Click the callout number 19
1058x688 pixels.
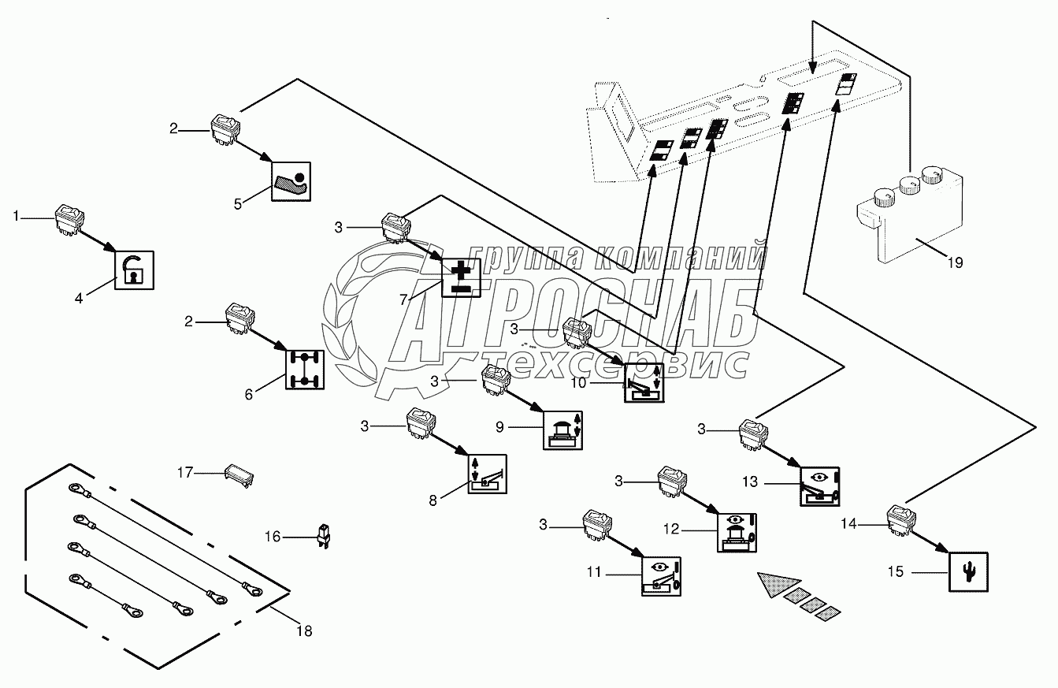tap(955, 263)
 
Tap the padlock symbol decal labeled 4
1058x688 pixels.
tap(134, 270)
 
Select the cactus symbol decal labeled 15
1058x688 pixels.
tap(968, 571)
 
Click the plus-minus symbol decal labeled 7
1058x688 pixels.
tap(460, 278)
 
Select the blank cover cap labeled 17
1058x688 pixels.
tap(239, 474)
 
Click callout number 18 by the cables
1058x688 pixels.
tap(304, 630)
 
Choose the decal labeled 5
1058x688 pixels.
tap(291, 182)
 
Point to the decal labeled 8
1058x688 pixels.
tap(488, 474)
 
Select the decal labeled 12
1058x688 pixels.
tap(738, 533)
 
